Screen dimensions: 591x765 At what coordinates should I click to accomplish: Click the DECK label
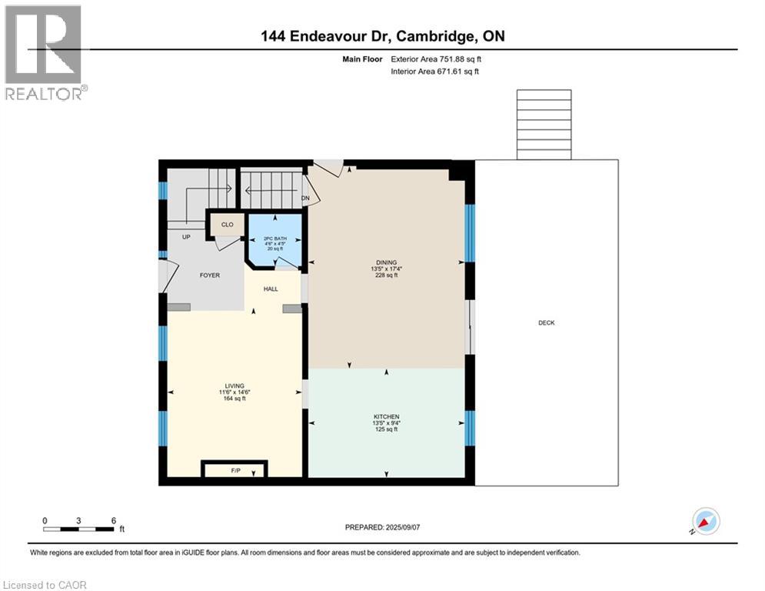coord(546,323)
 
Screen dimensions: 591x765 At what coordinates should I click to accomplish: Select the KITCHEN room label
coord(386,417)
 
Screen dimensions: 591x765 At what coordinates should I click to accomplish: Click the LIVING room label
coord(234,386)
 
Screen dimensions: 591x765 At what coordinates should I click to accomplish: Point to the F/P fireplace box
coord(234,470)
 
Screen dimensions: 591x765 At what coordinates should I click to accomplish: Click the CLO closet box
coord(227,225)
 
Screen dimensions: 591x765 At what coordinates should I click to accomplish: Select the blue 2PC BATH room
coord(274,240)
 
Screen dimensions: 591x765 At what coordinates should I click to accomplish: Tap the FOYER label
coord(210,275)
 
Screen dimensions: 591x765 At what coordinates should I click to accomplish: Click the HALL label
coord(271,289)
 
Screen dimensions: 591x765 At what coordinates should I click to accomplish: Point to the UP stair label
coord(185,237)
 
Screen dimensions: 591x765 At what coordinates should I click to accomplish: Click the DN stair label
coord(305,199)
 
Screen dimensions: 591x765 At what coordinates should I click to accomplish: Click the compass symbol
coord(705,521)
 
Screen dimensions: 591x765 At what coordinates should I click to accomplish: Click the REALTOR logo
coord(45,52)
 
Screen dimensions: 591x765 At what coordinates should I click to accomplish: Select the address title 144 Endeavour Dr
coord(382,36)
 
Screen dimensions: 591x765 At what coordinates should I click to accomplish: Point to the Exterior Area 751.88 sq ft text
coord(436,58)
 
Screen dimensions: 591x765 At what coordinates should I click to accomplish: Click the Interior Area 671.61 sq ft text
coord(435,72)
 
